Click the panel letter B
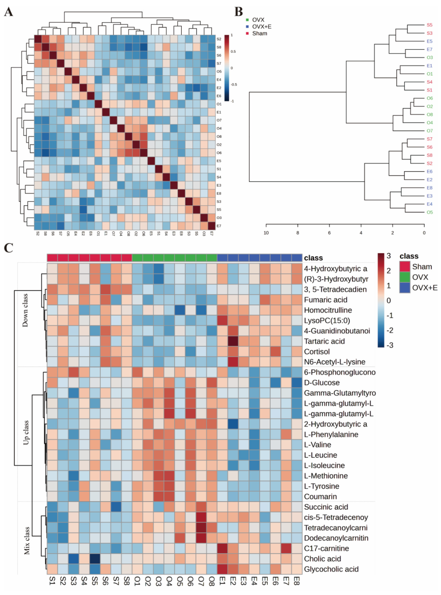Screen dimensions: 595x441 (x=238, y=12)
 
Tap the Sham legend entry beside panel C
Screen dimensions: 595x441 (x=422, y=267)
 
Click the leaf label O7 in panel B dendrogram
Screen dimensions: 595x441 (x=430, y=131)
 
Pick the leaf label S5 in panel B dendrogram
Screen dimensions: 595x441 (x=429, y=25)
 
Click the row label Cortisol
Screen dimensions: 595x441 (x=317, y=352)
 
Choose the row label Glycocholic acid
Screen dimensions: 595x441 (x=331, y=569)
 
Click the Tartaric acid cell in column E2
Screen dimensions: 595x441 (x=233, y=341)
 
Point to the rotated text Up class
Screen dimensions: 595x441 (x=26, y=433)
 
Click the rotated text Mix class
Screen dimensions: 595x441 (x=27, y=540)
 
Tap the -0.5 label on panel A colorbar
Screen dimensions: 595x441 (x=234, y=85)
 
